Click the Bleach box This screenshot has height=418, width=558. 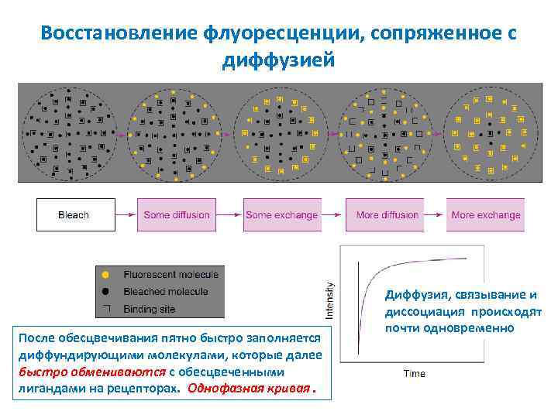pyautogui.click(x=74, y=215)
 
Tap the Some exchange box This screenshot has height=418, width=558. pyautogui.click(x=281, y=215)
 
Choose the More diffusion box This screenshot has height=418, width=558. pyautogui.click(x=387, y=215)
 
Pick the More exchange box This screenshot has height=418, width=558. pyautogui.click(x=486, y=215)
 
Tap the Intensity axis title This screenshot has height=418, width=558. pyautogui.click(x=329, y=300)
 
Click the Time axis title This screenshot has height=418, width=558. pyautogui.click(x=415, y=374)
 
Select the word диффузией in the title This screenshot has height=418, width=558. pyautogui.click(x=278, y=60)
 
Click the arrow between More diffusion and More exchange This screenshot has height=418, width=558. pyautogui.click(x=436, y=215)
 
